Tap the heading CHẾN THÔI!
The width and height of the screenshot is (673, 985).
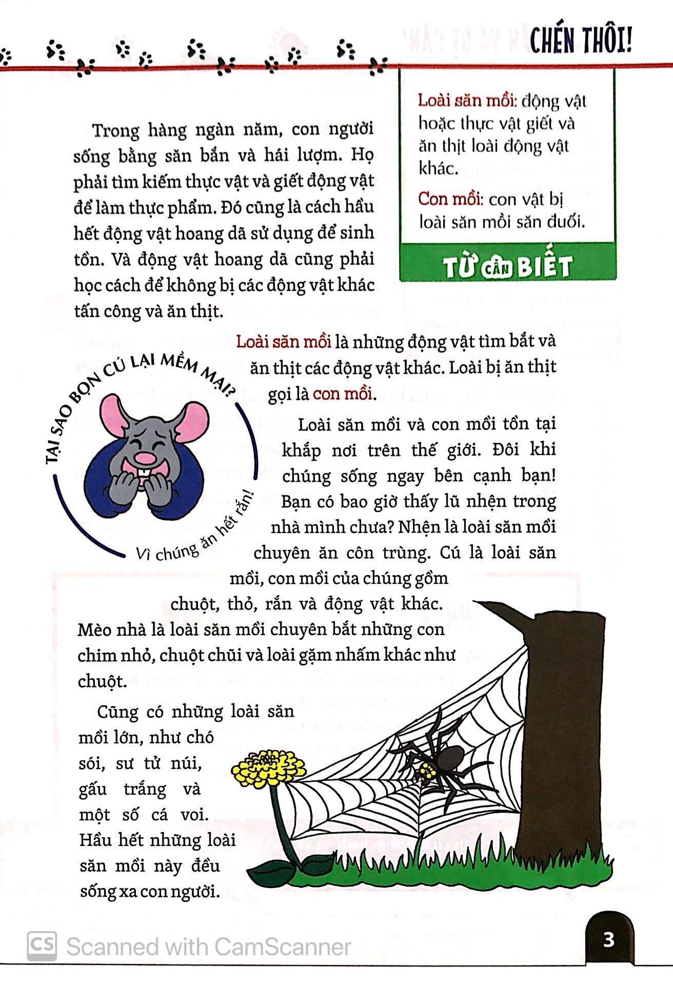(x=580, y=41)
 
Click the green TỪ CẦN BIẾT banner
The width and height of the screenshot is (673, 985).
(x=507, y=267)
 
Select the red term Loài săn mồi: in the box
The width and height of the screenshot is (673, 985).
(x=466, y=101)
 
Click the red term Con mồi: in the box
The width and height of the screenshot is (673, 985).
(x=450, y=199)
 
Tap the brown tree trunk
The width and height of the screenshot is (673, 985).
(x=554, y=744)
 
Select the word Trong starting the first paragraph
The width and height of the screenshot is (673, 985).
(x=116, y=131)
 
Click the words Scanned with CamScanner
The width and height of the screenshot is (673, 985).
(x=208, y=947)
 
